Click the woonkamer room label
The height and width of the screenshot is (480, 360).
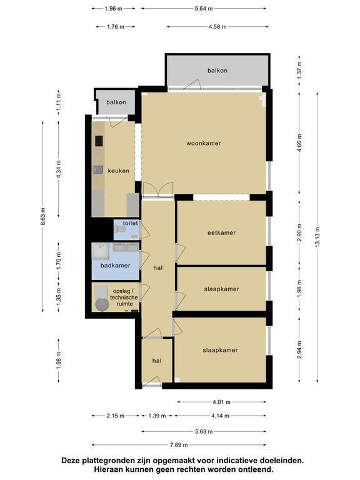[204, 143]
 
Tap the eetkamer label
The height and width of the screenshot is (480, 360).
[222, 232]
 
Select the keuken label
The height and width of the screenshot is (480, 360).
[119, 171]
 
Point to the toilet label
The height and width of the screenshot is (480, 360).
[131, 223]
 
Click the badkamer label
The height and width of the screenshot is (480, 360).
[116, 266]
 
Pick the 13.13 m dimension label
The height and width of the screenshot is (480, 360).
[317, 237]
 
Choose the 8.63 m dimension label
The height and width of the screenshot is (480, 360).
[43, 217]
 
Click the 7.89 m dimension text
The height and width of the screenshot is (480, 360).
[179, 445]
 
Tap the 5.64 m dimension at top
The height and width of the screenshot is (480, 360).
[204, 9]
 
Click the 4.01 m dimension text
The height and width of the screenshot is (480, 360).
[221, 402]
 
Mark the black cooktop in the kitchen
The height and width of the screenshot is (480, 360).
[99, 141]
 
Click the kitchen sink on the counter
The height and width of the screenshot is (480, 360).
[99, 169]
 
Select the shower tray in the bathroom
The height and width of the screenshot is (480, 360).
[101, 251]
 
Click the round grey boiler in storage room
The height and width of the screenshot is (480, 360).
[102, 304]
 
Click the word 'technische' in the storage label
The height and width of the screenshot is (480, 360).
[124, 297]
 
